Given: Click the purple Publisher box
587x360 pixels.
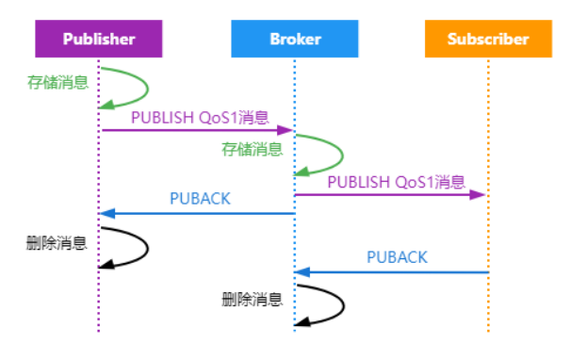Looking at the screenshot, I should [x=99, y=40].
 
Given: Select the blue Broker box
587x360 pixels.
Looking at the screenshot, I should [x=295, y=40].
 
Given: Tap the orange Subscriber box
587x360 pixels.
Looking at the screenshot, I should [x=487, y=40].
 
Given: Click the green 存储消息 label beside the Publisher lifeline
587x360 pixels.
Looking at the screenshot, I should [x=58, y=82].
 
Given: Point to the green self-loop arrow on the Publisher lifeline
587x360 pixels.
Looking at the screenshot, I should [x=146, y=88].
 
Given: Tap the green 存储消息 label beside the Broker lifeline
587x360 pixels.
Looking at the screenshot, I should [x=252, y=148].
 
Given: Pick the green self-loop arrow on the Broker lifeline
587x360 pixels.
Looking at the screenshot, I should [x=340, y=154].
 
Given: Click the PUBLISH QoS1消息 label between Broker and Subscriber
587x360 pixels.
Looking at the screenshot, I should [x=396, y=182].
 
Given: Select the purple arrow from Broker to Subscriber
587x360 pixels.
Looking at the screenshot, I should [x=390, y=194].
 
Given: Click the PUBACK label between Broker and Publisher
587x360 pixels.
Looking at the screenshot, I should [x=200, y=199].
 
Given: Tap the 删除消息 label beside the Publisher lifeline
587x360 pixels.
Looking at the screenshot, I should [x=57, y=243].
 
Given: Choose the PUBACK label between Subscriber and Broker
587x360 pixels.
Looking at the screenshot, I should [x=397, y=257].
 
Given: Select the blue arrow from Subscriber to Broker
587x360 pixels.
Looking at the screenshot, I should [x=392, y=271].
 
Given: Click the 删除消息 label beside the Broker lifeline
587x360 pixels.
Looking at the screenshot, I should [x=253, y=300].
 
